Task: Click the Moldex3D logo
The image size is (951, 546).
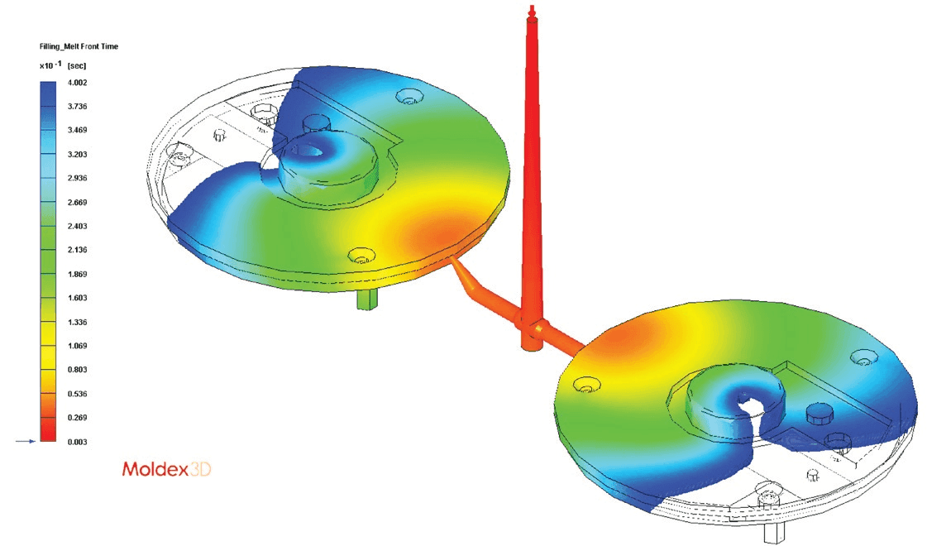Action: coord(166,469)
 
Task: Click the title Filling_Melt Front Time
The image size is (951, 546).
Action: coord(79,46)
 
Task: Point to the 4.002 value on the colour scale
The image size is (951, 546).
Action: coord(77,83)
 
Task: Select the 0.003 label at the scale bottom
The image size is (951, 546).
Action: coord(77,442)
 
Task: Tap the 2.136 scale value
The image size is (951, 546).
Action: coord(77,249)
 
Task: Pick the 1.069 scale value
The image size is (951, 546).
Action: coord(77,346)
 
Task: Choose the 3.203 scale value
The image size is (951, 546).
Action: coord(77,154)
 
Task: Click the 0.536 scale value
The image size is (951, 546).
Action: coord(77,394)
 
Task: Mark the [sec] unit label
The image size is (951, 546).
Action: coord(77,65)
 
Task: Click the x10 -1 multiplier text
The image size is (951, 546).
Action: coord(50,65)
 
